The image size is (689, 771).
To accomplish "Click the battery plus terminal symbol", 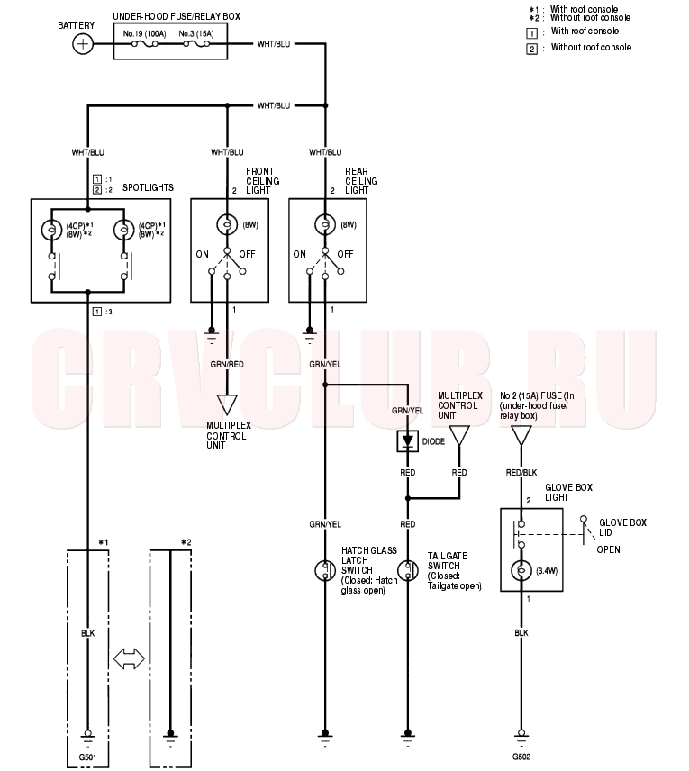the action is [x=83, y=44].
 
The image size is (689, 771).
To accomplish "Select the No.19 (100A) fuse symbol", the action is [x=145, y=44].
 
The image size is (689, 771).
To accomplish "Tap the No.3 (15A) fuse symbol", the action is [x=196, y=44].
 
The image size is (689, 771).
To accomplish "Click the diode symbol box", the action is [x=407, y=441].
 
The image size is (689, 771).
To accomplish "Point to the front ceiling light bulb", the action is [x=227, y=224].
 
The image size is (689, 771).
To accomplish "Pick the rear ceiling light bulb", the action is [x=324, y=224].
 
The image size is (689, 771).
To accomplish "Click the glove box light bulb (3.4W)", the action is [x=521, y=571].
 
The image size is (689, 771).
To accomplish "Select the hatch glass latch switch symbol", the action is [x=324, y=570].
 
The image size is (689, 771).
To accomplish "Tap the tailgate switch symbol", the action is [x=407, y=570].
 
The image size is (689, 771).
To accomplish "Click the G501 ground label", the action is [x=87, y=757].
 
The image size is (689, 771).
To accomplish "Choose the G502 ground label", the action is [x=521, y=757].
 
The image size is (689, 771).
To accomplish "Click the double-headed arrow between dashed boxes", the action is [x=129, y=658].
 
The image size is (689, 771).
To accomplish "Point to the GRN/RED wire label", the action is [x=227, y=365].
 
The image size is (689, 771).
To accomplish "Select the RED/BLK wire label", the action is [x=521, y=473].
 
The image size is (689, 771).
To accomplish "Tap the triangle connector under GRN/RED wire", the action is [x=227, y=404].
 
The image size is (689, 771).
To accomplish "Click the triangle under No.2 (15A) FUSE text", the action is [x=521, y=436].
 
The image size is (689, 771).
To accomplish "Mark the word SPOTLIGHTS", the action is [x=148, y=188].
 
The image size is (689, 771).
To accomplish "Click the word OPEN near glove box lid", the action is [x=608, y=549].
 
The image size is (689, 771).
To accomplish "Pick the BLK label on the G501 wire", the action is [x=87, y=633].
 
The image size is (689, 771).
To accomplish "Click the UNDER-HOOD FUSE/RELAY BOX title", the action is [x=177, y=17].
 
